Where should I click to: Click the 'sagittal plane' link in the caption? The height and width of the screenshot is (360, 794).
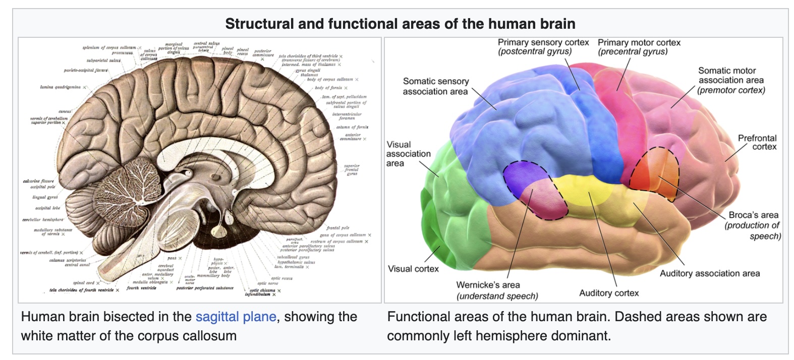(x=236, y=317)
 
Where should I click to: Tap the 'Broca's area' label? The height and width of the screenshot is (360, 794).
(x=753, y=215)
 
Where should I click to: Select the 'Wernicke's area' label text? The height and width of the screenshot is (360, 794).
(x=488, y=285)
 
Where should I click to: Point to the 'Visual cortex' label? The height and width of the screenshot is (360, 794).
(x=413, y=269)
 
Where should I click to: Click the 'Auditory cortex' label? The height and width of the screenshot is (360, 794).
(x=609, y=293)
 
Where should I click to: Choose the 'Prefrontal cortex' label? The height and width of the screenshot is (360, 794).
(x=757, y=142)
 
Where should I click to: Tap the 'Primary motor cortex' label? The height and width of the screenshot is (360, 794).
(x=639, y=43)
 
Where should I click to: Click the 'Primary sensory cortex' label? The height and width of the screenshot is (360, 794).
(x=543, y=43)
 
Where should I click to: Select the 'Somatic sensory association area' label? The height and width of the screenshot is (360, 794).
(x=435, y=86)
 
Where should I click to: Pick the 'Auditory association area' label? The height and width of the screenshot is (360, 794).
(x=709, y=273)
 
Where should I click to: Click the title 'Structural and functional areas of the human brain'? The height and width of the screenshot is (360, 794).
(x=400, y=24)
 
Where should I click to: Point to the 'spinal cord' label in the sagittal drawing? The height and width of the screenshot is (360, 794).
(x=83, y=283)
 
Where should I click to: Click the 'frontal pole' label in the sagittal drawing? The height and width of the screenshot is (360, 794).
(x=337, y=228)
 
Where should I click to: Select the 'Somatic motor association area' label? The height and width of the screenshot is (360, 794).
(x=730, y=80)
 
